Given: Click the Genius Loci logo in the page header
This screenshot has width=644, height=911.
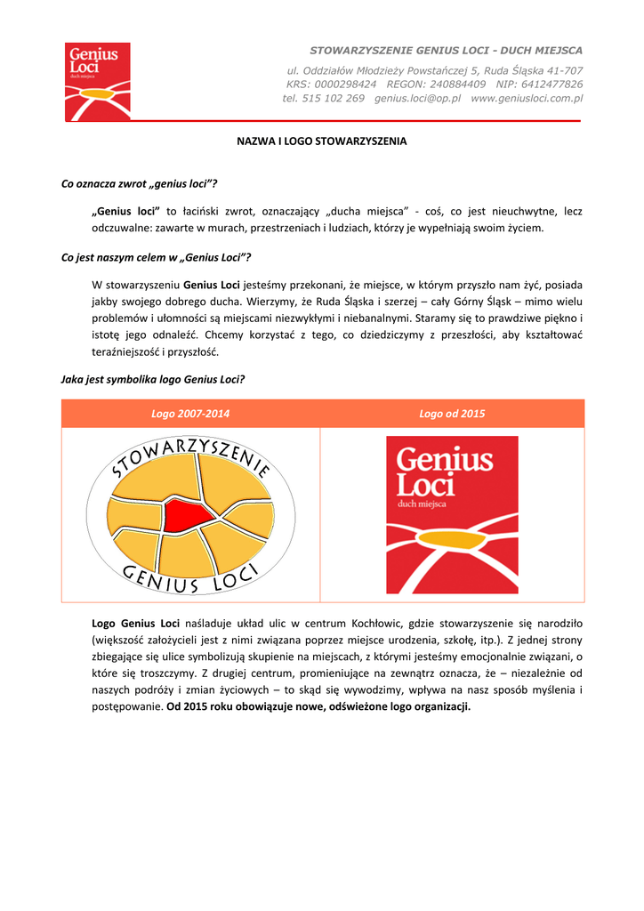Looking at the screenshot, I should pos(98,81).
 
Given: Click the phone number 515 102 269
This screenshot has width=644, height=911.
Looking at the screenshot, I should pos(334,99).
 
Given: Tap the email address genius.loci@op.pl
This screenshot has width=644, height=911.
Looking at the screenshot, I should pos(417,99).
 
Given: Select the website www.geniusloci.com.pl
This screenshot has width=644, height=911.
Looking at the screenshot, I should pos(527,99).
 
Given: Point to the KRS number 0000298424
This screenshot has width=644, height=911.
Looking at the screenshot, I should pos(345,85).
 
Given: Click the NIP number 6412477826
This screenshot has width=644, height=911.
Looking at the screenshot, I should pos(552,85).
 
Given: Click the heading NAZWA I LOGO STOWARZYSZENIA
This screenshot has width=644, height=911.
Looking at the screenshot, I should pos(321,141).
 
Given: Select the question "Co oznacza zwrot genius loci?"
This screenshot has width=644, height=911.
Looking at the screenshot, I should pos(139,183).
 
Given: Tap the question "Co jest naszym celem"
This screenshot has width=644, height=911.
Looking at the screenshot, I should pos(155,257).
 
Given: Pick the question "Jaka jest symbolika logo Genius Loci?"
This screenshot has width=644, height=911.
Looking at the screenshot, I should pos(152,378).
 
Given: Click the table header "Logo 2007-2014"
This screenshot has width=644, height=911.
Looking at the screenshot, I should pos(190,414).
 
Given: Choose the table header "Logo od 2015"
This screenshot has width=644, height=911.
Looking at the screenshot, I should pos(452,414).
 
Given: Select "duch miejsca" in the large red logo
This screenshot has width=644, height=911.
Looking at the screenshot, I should pos(422,504).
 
